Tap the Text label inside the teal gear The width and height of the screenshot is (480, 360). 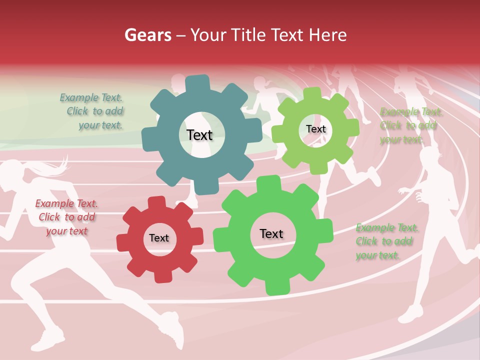[x=199, y=135]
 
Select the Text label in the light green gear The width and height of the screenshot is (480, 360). [x=315, y=129]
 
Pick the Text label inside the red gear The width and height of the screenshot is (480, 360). [x=159, y=238]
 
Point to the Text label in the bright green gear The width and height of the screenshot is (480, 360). [x=271, y=233]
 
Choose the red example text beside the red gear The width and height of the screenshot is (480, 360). [x=66, y=217]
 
